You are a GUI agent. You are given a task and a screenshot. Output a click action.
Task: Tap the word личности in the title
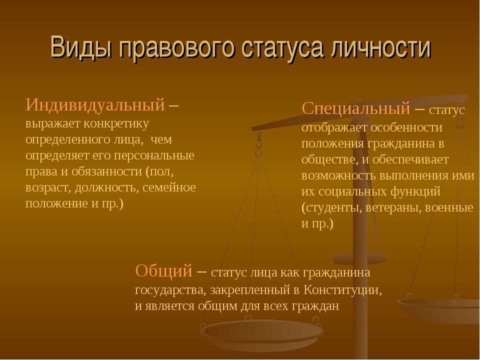tap(381, 47)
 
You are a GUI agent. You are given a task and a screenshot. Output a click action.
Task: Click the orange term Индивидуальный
tap(95, 104)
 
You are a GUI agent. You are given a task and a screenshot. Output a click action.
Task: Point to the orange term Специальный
tap(355, 108)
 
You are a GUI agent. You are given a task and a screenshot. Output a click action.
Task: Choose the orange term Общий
tap(164, 271)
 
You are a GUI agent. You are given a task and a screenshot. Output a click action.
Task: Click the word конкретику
tap(116, 123)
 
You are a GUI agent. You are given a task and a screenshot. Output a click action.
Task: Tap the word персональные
tap(154, 155)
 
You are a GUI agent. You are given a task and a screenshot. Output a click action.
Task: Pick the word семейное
tap(169, 187)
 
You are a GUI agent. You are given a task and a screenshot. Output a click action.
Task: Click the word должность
tap(107, 187)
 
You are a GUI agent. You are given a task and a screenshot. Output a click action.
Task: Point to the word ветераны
tap(393, 207)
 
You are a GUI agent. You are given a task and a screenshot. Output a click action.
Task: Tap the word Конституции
tap(343, 290)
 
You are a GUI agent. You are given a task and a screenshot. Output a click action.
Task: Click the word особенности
tap(406, 127)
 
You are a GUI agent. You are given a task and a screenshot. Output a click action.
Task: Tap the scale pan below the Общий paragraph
tap(261, 334)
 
